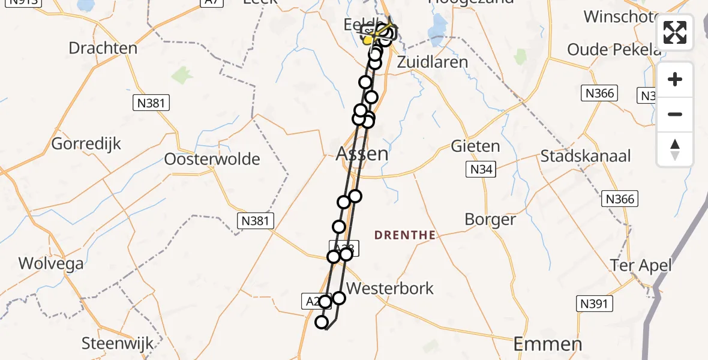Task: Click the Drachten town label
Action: (103, 48)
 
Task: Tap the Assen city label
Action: (362, 154)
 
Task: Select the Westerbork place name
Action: (390, 288)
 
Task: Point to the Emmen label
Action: (548, 344)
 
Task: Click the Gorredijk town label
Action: (86, 144)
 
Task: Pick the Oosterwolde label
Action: (212, 160)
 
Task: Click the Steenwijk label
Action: (118, 344)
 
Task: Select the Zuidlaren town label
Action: (433, 62)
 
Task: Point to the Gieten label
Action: (475, 146)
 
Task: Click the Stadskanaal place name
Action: (586, 157)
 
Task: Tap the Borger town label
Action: (490, 220)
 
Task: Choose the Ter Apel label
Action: (640, 265)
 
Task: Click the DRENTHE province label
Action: (405, 235)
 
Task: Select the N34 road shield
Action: (481, 170)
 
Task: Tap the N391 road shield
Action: (594, 304)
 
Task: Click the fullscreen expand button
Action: (675, 32)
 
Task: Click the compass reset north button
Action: (675, 149)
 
